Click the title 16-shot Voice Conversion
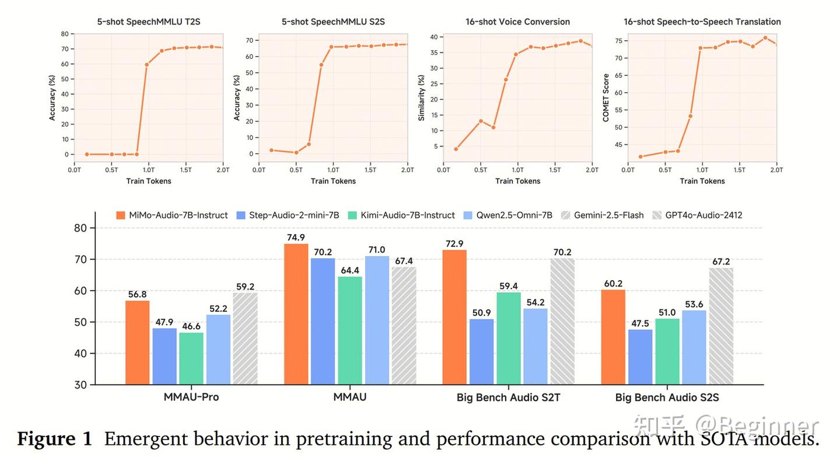517,22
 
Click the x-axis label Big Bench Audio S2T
508,398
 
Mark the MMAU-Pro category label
191,398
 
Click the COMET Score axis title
606,97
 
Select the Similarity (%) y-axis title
422,97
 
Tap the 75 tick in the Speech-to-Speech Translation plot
618,41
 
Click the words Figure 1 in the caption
54,439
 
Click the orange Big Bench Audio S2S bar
613,337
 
